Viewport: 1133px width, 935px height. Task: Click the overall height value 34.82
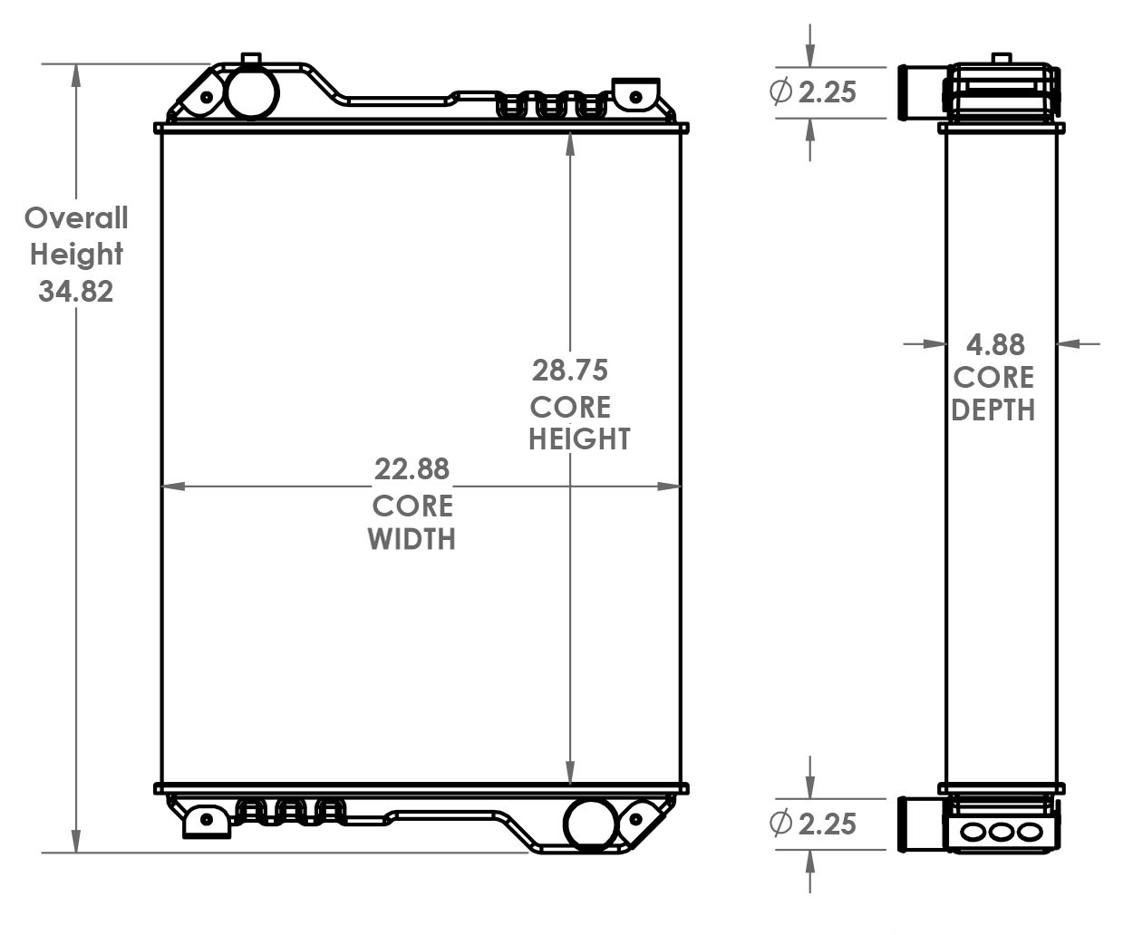(x=76, y=291)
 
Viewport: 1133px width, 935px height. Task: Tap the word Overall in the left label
(x=76, y=218)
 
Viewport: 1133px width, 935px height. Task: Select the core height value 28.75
(x=569, y=370)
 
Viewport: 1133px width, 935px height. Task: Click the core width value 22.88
(x=412, y=469)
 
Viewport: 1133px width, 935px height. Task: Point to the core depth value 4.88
(x=995, y=345)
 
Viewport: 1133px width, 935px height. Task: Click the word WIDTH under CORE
(x=412, y=539)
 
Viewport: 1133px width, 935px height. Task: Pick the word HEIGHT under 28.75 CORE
(x=579, y=439)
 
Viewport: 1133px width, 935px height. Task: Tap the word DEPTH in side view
(x=993, y=410)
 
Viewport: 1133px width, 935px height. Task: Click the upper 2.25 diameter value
(x=827, y=92)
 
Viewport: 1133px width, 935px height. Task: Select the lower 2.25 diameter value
(x=827, y=824)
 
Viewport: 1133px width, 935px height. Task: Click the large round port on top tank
(x=251, y=92)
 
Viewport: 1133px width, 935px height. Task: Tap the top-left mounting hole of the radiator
(x=207, y=97)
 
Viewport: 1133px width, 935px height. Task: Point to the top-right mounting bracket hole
(x=635, y=96)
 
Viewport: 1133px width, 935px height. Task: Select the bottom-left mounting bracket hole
(x=207, y=819)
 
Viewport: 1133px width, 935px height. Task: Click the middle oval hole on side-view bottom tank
(x=1000, y=831)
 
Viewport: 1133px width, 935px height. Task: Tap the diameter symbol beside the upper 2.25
(x=780, y=92)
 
